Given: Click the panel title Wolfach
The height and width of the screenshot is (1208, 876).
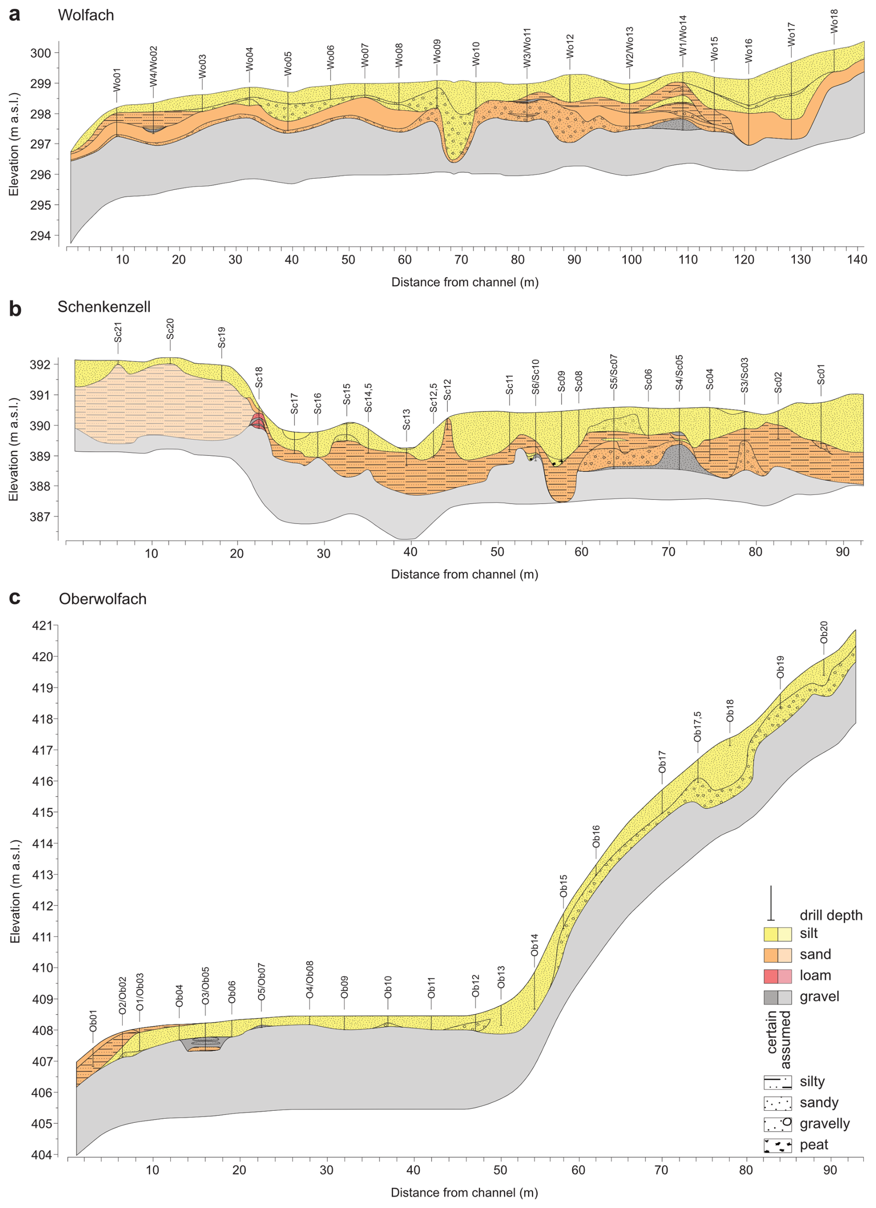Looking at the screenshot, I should [x=86, y=15].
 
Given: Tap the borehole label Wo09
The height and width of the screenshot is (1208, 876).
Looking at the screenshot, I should [x=437, y=52].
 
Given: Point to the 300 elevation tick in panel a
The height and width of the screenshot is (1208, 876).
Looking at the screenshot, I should [x=41, y=53].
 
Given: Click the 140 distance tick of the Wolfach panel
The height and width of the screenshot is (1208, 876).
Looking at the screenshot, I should [x=857, y=259].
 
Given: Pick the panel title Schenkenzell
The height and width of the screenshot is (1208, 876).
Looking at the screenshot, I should [x=104, y=307].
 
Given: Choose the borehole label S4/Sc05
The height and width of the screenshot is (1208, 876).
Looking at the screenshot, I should [x=679, y=372].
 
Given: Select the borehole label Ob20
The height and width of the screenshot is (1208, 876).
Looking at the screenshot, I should [x=824, y=631].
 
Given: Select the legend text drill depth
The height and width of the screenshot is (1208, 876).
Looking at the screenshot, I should [x=831, y=915].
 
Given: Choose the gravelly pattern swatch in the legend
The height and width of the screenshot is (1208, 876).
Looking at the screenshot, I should [x=777, y=1124].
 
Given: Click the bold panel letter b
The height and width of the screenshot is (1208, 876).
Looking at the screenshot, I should [x=15, y=308].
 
